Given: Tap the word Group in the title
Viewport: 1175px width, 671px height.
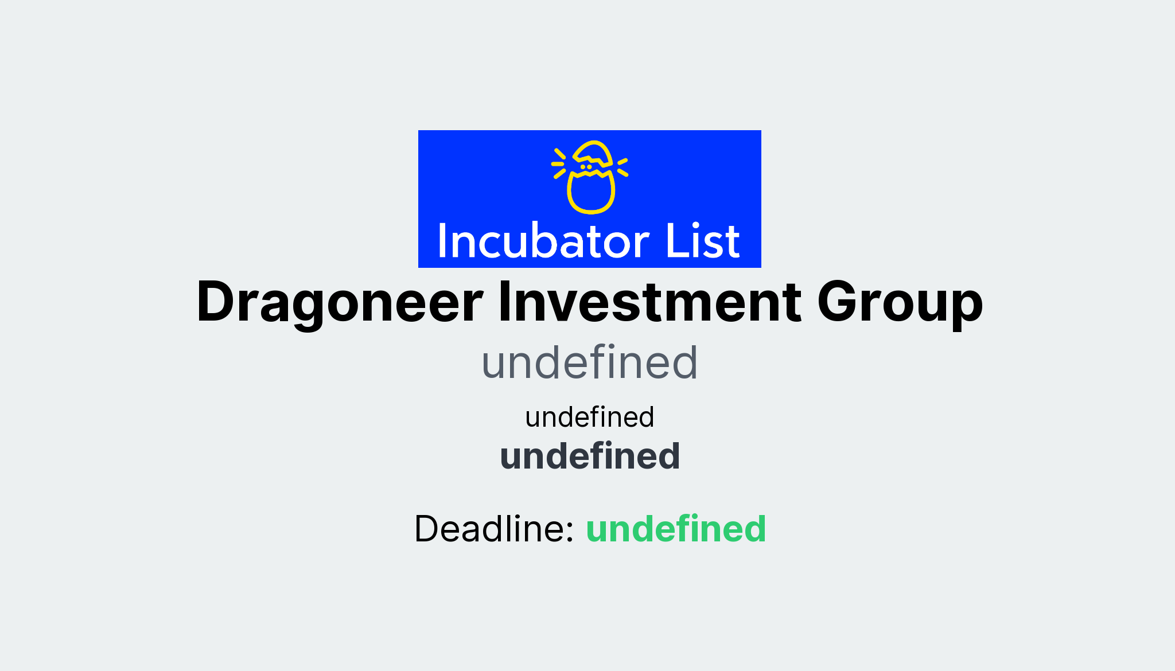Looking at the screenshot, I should coord(900,302).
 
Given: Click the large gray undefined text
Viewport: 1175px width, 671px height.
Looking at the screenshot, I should coord(589,362).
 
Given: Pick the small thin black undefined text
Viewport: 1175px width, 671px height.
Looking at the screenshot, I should coord(589,417).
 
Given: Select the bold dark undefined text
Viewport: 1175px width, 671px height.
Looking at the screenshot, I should coord(589,456).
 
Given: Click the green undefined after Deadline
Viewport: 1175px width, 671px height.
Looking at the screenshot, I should coord(675,528).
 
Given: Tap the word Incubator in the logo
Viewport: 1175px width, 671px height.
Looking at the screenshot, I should coord(543,241).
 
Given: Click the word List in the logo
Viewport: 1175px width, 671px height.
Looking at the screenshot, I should coord(702,241).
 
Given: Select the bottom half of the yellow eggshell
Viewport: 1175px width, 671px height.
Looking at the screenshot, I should coord(591,193).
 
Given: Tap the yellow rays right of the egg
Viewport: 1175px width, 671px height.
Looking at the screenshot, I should coord(622,166).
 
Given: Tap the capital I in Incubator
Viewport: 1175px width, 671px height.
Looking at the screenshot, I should coord(442,241).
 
